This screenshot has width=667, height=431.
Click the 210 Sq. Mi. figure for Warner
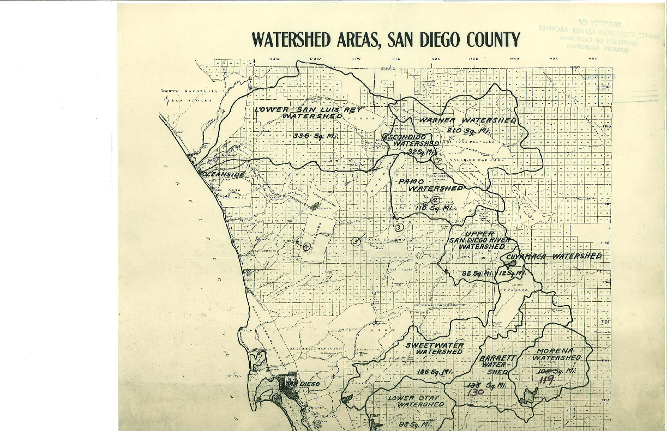468,131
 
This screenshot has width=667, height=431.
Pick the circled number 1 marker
438,161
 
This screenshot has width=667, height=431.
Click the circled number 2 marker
435,200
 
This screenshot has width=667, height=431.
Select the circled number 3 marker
399,227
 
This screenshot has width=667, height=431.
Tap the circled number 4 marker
307,246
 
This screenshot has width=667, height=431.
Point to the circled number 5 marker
356,241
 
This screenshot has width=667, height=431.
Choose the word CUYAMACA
528,256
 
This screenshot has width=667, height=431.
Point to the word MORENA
553,350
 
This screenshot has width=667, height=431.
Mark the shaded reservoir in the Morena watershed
527,396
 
